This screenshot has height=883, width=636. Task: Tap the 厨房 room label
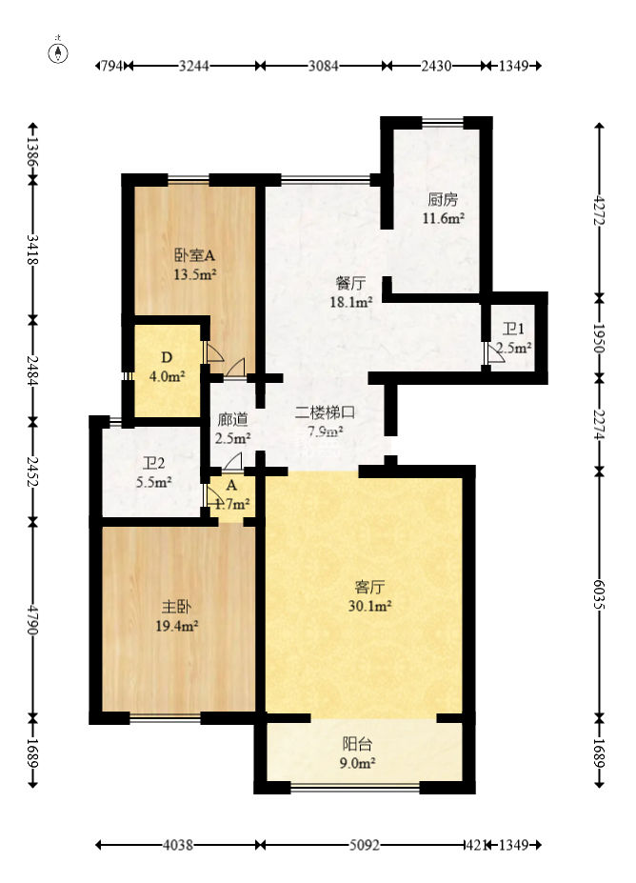(443, 200)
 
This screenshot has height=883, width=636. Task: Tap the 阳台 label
(357, 745)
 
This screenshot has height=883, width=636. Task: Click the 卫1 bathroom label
(514, 330)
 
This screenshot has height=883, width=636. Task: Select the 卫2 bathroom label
(154, 464)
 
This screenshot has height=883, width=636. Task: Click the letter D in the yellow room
(166, 358)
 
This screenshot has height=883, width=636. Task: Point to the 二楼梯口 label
(325, 412)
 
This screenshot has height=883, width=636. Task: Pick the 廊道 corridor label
(232, 419)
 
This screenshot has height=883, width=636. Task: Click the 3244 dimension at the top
(194, 66)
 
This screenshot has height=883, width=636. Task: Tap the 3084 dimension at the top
(324, 66)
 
